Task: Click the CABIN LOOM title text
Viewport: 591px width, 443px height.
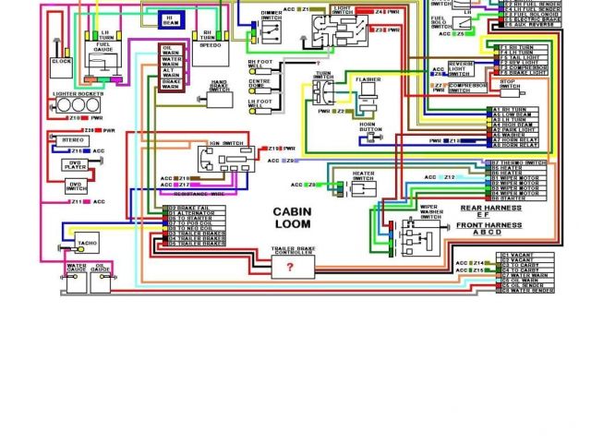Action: pyautogui.click(x=292, y=218)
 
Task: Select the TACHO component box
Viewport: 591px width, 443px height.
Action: pyautogui.click(x=87, y=244)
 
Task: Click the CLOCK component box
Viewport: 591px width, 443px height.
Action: pyautogui.click(x=62, y=61)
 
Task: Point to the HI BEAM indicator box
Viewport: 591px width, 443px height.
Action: pyautogui.click(x=172, y=19)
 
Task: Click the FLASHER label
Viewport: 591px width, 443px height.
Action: pyautogui.click(x=368, y=80)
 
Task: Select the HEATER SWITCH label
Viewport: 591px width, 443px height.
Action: pyautogui.click(x=363, y=175)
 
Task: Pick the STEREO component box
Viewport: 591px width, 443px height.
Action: pyautogui.click(x=74, y=140)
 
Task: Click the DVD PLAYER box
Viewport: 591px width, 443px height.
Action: pyautogui.click(x=75, y=165)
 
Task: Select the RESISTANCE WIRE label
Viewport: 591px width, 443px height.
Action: pyautogui.click(x=192, y=195)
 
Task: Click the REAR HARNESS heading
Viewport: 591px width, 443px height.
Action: pyautogui.click(x=490, y=208)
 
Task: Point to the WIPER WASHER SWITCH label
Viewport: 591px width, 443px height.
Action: pyautogui.click(x=431, y=212)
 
